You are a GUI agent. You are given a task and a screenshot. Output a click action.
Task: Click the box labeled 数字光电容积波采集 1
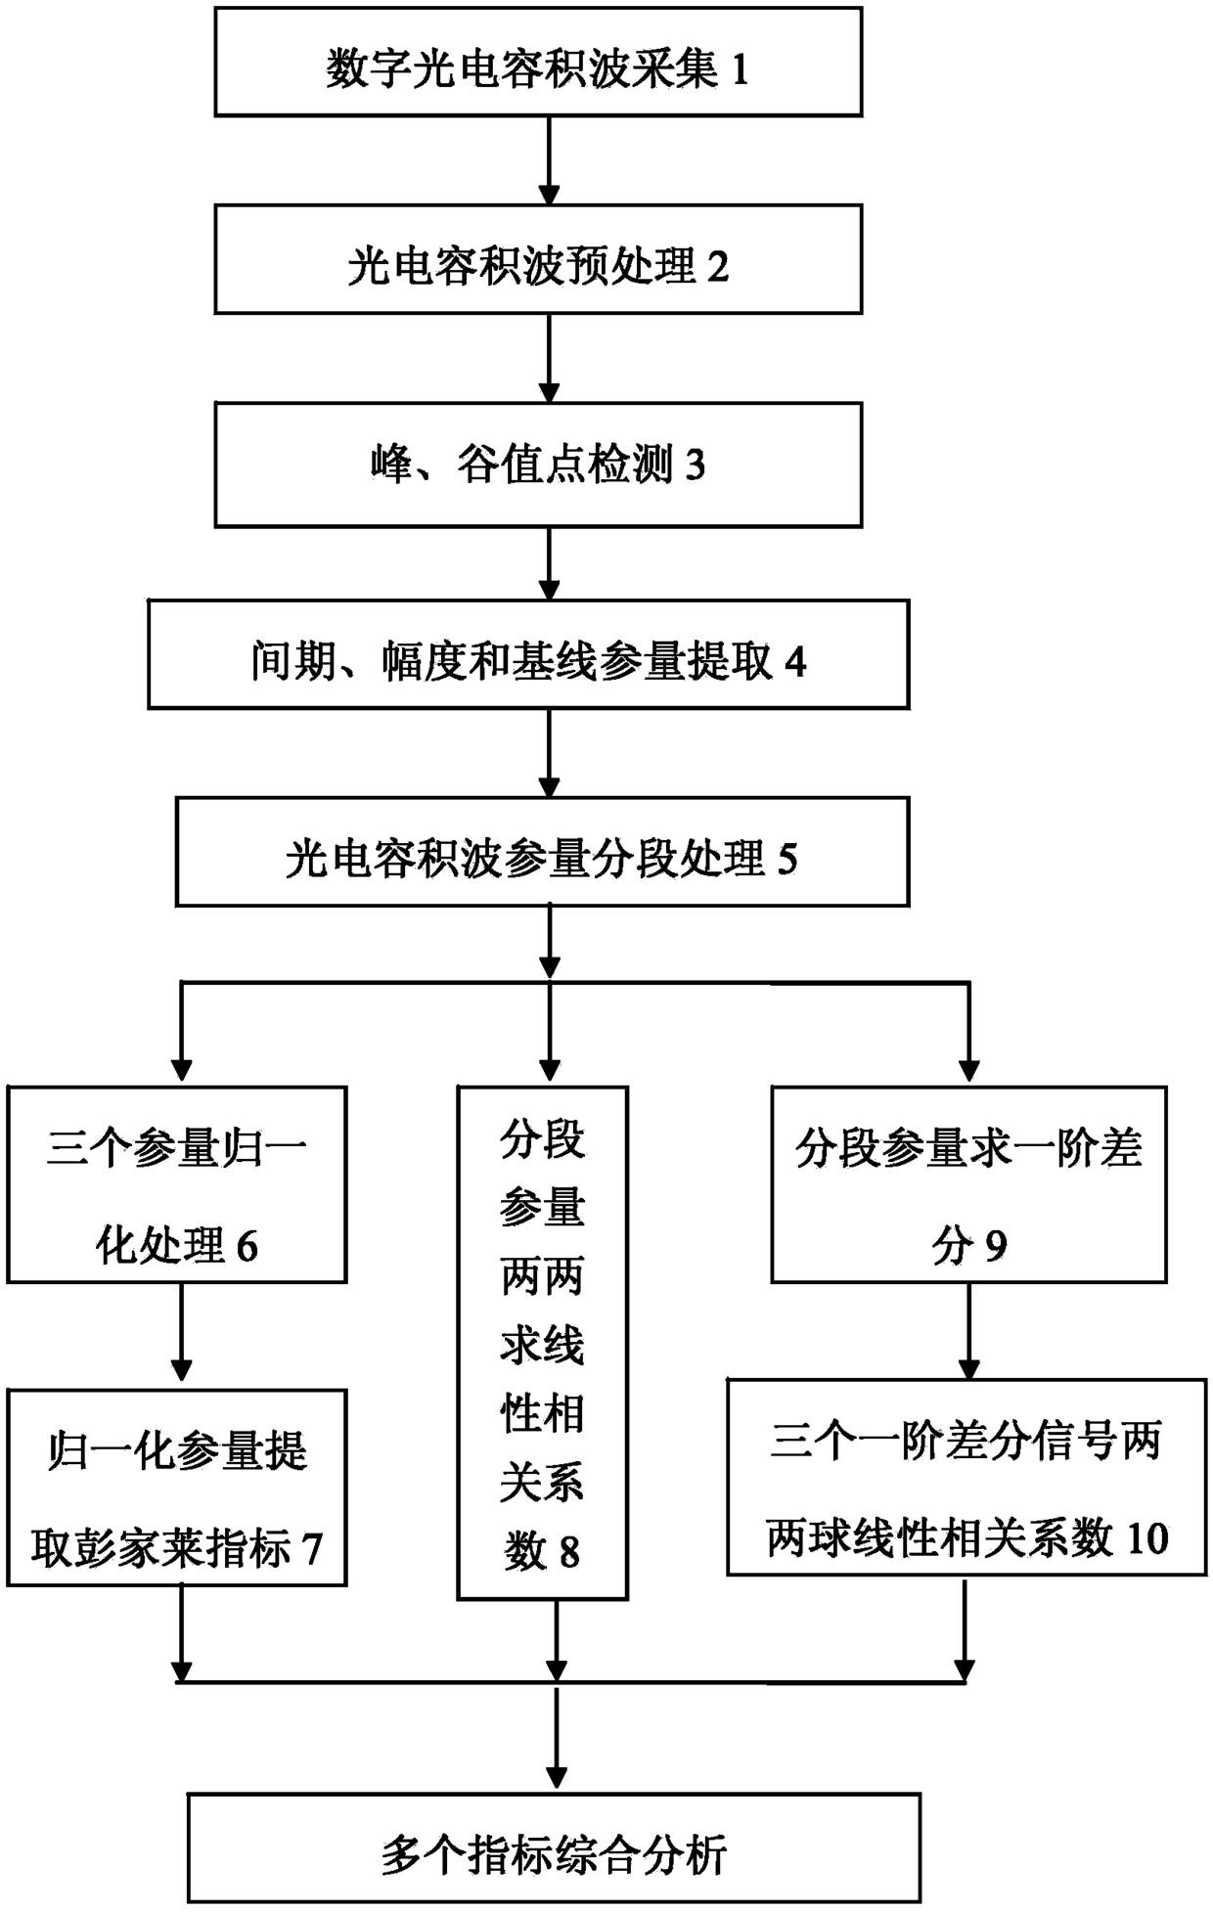(x=538, y=62)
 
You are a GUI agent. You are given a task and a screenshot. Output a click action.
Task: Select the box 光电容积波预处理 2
(x=538, y=259)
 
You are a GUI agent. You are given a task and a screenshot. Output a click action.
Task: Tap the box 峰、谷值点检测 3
(x=538, y=466)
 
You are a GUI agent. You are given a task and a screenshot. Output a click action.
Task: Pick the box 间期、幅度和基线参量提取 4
(x=528, y=654)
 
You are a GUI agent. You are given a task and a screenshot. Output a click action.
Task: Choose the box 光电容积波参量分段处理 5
(x=542, y=852)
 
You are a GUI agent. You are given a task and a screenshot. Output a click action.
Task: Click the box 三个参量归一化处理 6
(x=177, y=1184)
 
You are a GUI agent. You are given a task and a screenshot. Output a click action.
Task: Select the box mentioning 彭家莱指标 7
(x=177, y=1488)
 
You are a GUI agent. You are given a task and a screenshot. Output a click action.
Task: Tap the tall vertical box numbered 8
(x=542, y=1343)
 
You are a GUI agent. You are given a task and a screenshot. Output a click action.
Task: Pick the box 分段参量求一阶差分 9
(x=968, y=1184)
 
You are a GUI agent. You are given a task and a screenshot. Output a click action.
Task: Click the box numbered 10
(x=966, y=1477)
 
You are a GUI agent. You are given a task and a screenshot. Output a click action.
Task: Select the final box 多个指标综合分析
(x=554, y=1847)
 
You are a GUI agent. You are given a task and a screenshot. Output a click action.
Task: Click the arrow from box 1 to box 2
(x=550, y=161)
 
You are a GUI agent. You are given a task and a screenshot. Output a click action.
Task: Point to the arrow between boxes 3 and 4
(x=550, y=564)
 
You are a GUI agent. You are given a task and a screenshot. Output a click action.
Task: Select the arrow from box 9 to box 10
(x=969, y=1331)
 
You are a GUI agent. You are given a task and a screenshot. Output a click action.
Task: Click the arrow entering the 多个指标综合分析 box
(x=557, y=1738)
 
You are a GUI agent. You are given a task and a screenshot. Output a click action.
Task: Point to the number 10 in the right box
(x=1147, y=1538)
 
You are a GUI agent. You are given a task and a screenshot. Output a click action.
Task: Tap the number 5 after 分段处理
(x=787, y=860)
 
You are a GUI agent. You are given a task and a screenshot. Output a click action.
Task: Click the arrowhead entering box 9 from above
(x=969, y=1074)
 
